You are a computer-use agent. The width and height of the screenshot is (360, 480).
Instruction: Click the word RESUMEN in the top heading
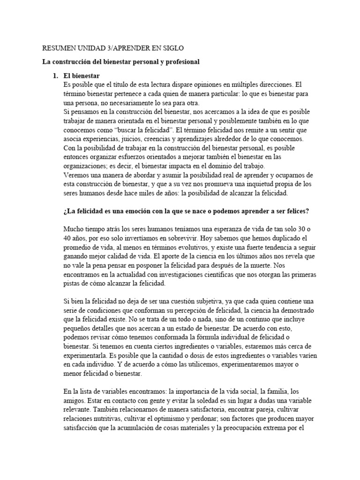(59, 48)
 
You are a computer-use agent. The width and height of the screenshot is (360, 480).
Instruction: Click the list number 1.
(55, 75)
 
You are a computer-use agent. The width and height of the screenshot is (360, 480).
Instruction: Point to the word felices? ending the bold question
(296, 211)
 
